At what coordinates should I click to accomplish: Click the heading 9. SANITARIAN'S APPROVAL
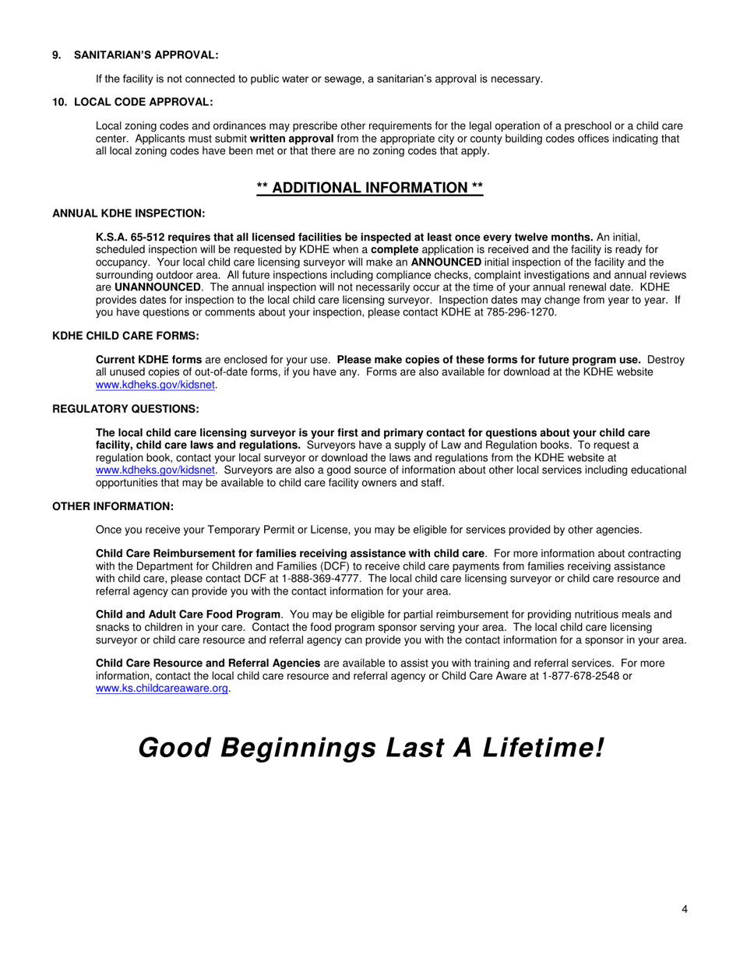click(x=135, y=55)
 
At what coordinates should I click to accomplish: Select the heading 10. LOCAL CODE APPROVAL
click(x=132, y=102)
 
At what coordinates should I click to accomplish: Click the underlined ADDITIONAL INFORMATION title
click(x=370, y=188)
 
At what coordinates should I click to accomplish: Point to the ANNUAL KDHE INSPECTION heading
click(x=129, y=213)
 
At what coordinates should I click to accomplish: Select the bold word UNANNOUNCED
click(x=157, y=287)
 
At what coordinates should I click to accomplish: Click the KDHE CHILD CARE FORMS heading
click(x=125, y=336)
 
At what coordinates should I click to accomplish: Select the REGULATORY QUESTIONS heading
click(x=125, y=409)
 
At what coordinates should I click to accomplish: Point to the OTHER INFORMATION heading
click(x=113, y=506)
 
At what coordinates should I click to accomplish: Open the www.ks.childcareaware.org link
click(x=161, y=689)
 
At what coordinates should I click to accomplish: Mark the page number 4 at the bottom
click(x=684, y=909)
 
